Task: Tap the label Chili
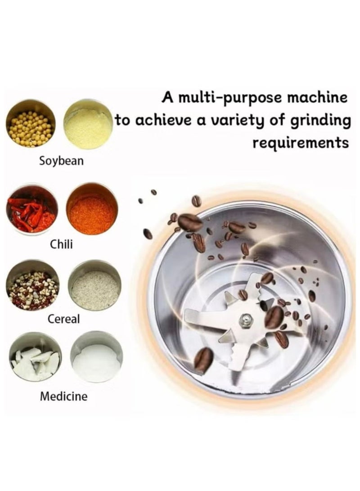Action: pos(62,244)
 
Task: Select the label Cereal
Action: pos(63,319)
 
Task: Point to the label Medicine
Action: pos(63,396)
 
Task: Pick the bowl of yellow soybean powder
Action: pos(88,124)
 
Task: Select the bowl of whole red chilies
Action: pos(32,209)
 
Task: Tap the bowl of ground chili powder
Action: pos(92,208)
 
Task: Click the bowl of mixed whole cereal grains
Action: pos(33,284)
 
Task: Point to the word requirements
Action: pos(300,143)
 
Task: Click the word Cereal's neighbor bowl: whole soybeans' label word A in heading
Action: pos(168,98)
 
